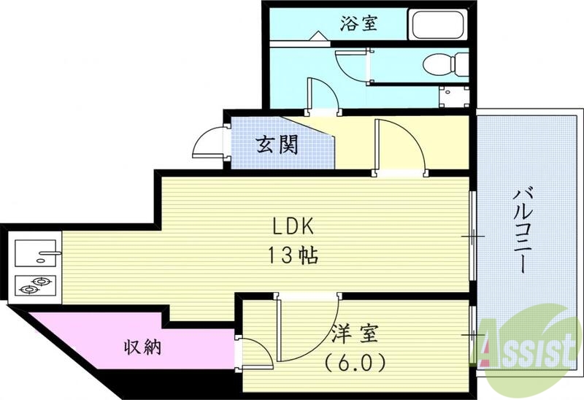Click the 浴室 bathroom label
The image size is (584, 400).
[x=358, y=23]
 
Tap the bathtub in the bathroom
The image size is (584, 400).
[x=438, y=25]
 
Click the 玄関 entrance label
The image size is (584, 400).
[x=277, y=145]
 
